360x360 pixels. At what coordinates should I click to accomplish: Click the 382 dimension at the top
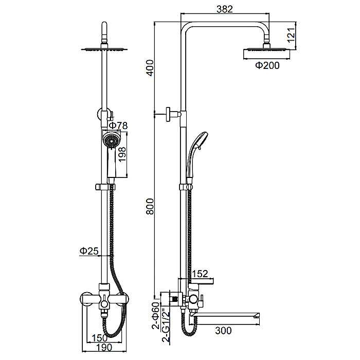click(225, 9)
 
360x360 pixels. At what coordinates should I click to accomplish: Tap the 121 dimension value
click(291, 35)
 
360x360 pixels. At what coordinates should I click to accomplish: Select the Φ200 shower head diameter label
click(267, 65)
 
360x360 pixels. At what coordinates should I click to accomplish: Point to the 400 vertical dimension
click(150, 68)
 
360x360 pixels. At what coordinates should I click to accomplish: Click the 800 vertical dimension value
click(150, 206)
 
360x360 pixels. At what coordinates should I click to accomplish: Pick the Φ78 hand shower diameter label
click(118, 125)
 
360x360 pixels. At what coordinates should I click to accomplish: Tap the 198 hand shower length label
click(122, 154)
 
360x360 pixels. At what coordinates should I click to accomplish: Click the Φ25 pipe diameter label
click(89, 251)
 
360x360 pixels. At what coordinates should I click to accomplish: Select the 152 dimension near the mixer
click(200, 274)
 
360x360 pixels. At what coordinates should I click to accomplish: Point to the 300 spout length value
click(223, 331)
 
